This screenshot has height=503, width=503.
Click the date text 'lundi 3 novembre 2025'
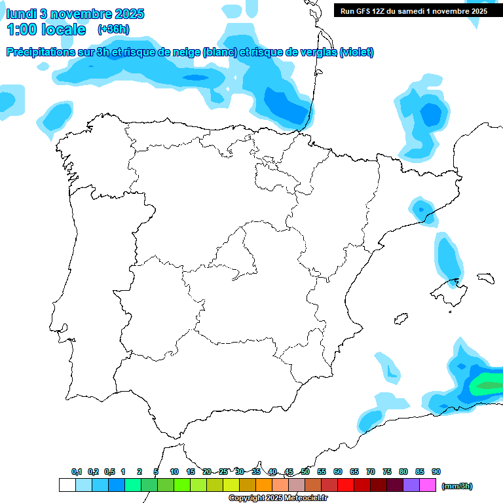(x=75, y=14)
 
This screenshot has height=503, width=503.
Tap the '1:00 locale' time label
(x=47, y=29)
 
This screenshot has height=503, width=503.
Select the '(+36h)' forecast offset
(x=113, y=29)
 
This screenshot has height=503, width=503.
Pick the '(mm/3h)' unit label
(x=457, y=486)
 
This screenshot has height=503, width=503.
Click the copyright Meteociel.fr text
(x=278, y=498)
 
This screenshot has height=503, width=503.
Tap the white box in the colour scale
(x=67, y=485)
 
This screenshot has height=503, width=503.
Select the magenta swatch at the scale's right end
(x=428, y=485)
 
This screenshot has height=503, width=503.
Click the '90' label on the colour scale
(x=436, y=472)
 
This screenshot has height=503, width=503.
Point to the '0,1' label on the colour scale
(x=77, y=472)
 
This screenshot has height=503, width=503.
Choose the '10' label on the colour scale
(x=174, y=472)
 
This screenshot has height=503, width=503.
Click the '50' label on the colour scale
(x=305, y=472)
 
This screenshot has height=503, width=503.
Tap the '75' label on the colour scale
(x=387, y=472)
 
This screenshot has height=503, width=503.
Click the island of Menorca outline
(x=485, y=277)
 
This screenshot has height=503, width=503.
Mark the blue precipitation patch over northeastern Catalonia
(x=421, y=210)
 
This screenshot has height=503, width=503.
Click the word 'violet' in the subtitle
(x=356, y=52)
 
